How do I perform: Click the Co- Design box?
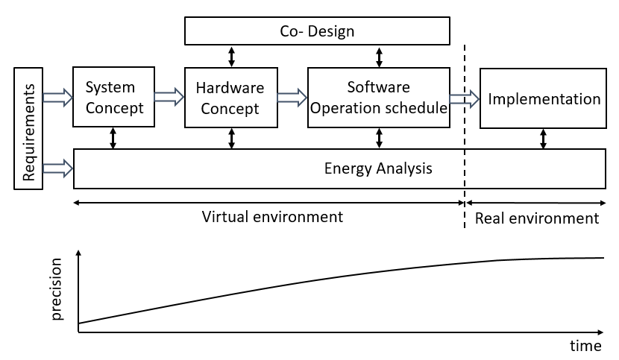tap(317, 31)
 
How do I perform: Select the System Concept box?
tap(113, 97)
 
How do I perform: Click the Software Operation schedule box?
tap(379, 97)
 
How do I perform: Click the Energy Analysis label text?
tap(378, 168)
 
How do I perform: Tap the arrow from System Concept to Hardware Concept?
tap(169, 96)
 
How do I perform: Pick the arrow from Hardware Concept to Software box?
tap(292, 96)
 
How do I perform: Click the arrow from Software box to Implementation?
tap(464, 97)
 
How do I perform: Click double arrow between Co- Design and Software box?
tap(379, 56)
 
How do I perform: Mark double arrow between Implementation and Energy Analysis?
tap(543, 138)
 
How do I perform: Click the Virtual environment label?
tap(273, 217)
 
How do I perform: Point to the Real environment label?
tap(537, 218)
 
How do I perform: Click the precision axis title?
tap(57, 293)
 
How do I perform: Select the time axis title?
tap(585, 346)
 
